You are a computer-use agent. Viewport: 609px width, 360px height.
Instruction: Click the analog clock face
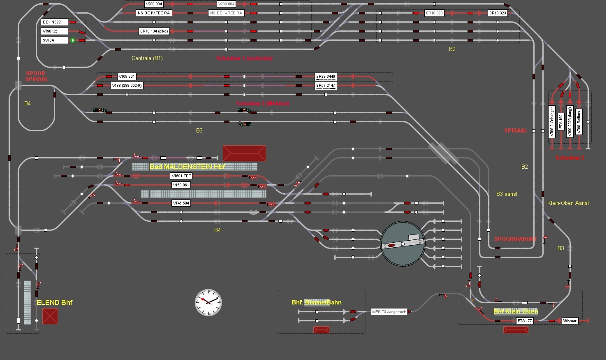tap(208, 302)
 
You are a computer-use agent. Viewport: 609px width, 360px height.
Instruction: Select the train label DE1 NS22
tap(54, 22)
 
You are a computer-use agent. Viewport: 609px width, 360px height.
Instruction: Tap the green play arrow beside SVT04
tap(73, 40)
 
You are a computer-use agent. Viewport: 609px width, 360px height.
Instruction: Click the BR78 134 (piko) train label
tap(154, 31)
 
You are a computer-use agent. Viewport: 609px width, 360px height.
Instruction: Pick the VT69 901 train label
tap(127, 77)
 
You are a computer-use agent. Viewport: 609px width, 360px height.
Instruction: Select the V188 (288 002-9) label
tap(127, 86)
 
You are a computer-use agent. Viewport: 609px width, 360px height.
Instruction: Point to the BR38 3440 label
tap(326, 77)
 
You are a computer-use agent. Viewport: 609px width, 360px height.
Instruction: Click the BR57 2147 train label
tap(326, 86)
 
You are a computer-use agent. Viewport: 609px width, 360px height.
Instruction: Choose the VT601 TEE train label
tap(181, 176)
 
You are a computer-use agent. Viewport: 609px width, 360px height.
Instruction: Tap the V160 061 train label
tap(181, 185)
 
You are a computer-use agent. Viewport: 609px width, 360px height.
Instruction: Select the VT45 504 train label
tap(181, 203)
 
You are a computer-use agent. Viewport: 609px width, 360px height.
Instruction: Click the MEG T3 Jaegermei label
tap(389, 312)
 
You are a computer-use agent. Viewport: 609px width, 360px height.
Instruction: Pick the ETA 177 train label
tap(525, 321)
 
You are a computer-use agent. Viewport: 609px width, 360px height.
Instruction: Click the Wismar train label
tap(570, 321)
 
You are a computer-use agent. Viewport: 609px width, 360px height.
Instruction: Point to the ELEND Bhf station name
tap(54, 303)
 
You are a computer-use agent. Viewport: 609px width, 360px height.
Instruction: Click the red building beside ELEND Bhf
tap(50, 316)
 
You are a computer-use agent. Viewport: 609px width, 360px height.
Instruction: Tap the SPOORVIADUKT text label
tap(516, 239)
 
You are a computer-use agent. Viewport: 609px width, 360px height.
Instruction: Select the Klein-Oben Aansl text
tap(568, 203)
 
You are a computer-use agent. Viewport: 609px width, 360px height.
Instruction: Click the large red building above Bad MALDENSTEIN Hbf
tap(244, 153)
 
